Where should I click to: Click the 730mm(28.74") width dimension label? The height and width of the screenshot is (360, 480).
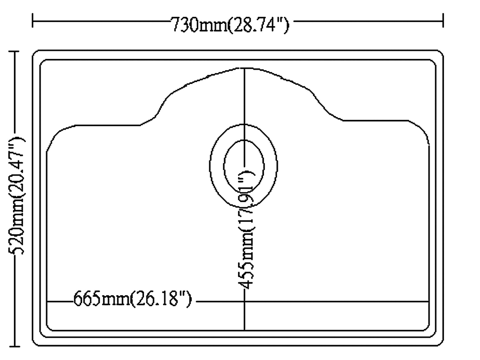tap(229, 24)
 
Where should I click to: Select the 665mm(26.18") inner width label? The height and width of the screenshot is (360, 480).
tap(132, 299)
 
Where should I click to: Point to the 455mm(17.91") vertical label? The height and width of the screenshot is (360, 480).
tap(246, 229)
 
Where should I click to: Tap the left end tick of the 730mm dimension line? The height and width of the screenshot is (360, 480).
tap(33, 21)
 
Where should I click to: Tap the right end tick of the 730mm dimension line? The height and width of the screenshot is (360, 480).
tap(443, 21)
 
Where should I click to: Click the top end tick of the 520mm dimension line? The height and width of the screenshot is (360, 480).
tap(14, 51)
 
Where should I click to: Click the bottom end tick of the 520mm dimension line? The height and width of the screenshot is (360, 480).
tap(14, 347)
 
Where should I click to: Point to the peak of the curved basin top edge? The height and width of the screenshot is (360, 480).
tap(244, 68)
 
